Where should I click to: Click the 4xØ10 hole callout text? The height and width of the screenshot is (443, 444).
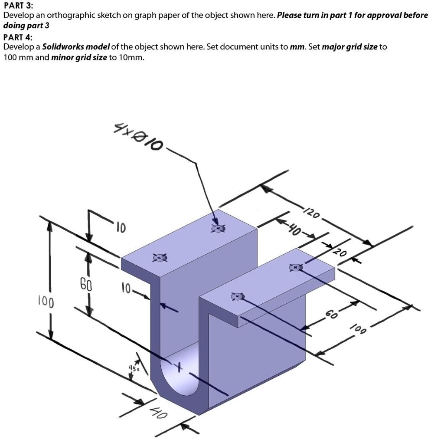[138, 137]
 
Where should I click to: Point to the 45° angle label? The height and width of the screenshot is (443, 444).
[134, 368]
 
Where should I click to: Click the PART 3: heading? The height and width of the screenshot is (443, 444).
[18, 5]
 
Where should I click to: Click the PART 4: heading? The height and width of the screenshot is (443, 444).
[18, 37]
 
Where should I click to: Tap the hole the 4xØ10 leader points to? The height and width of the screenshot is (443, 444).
[219, 228]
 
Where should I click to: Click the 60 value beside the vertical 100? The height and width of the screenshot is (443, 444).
[86, 284]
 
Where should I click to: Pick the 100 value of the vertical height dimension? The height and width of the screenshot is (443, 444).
[46, 302]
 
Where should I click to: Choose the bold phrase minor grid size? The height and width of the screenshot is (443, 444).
[79, 58]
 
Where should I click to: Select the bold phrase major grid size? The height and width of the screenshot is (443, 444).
[350, 47]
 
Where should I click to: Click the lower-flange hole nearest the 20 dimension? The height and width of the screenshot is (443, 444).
[296, 267]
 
